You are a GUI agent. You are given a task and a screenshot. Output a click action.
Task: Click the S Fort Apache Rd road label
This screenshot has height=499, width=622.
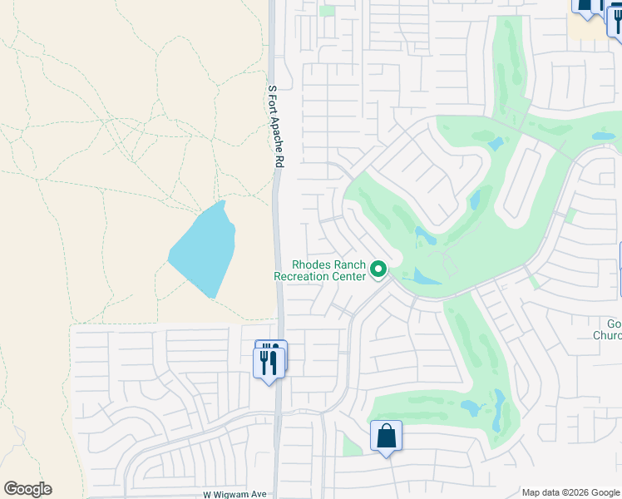(276, 126)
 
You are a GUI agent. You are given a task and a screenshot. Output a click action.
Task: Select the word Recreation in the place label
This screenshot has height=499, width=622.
(304, 275)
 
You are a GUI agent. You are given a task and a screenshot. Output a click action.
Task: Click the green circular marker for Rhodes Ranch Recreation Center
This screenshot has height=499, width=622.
(378, 269)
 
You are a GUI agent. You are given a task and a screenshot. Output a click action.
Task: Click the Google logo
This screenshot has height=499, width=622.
(27, 489)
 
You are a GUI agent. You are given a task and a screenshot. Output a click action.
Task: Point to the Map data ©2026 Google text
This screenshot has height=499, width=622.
(570, 492)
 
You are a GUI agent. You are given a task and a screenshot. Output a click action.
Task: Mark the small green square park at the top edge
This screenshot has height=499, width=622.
(327, 11)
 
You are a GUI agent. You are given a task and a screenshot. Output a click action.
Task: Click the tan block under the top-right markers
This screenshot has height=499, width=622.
(586, 28)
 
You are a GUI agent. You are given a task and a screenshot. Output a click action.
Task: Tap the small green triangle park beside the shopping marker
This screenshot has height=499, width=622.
(353, 446)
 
